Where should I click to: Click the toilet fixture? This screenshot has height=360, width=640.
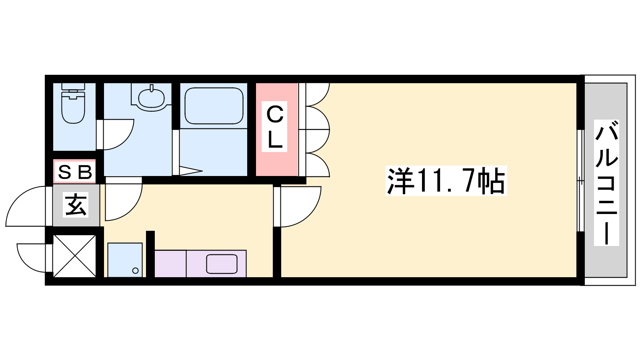[74, 103]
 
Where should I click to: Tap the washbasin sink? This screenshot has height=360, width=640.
[151, 98]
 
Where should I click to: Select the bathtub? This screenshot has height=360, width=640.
[214, 106]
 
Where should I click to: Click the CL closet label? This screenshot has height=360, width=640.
[274, 126]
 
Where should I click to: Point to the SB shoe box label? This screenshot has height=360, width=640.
[75, 172]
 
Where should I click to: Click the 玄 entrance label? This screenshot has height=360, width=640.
[76, 204]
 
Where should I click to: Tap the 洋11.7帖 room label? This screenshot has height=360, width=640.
[446, 180]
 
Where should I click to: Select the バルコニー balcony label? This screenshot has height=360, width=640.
[606, 182]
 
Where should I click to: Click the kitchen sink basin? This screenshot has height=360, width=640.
[222, 264]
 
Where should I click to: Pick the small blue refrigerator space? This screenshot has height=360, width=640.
[125, 260]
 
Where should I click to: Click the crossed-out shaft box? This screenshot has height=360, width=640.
[74, 256]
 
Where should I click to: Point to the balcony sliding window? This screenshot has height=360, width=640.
[580, 180]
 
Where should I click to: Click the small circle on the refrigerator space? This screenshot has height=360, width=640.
[136, 270]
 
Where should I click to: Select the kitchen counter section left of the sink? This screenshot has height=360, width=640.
[170, 264]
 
